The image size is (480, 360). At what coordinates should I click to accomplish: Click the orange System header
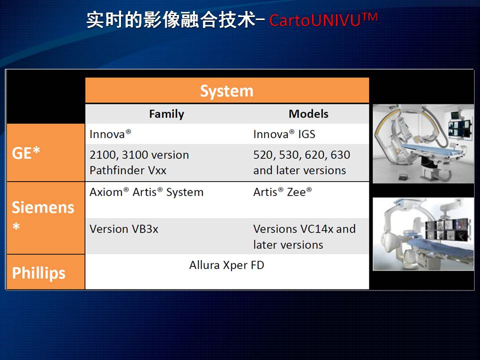227,90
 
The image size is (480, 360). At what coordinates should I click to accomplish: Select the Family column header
166,114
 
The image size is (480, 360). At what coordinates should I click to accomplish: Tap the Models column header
308,114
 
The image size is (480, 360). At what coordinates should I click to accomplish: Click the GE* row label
26,152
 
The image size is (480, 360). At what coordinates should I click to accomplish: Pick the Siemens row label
43,207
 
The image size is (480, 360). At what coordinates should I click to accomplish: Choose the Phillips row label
38,272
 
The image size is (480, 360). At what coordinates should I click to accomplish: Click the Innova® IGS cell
284,134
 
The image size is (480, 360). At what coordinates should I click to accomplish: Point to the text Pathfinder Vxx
128,170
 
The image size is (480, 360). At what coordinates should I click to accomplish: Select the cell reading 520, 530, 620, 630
301,154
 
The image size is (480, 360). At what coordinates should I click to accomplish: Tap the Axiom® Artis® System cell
146,192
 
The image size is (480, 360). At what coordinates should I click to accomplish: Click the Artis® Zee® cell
282,192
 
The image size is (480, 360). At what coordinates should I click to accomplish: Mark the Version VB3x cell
124,229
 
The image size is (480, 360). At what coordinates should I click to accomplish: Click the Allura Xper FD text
226,265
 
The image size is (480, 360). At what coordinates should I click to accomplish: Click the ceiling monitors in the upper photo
459,126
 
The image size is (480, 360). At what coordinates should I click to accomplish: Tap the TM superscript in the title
370,16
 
